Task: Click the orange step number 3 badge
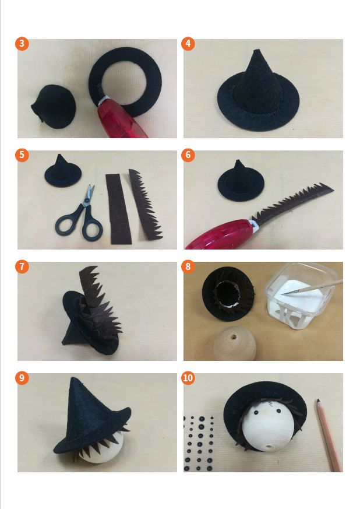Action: click(x=22, y=44)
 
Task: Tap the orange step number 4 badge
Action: click(x=188, y=44)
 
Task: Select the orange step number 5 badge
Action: click(x=22, y=155)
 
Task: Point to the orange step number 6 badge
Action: click(x=188, y=155)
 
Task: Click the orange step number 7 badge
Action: click(x=22, y=266)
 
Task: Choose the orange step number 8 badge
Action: click(x=188, y=266)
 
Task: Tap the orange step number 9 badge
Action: click(x=22, y=378)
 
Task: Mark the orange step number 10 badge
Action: click(x=188, y=378)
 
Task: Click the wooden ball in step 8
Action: click(x=235, y=344)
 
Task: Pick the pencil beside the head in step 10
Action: click(x=328, y=435)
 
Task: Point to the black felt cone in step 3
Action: click(x=54, y=107)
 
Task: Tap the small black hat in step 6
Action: click(x=241, y=181)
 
